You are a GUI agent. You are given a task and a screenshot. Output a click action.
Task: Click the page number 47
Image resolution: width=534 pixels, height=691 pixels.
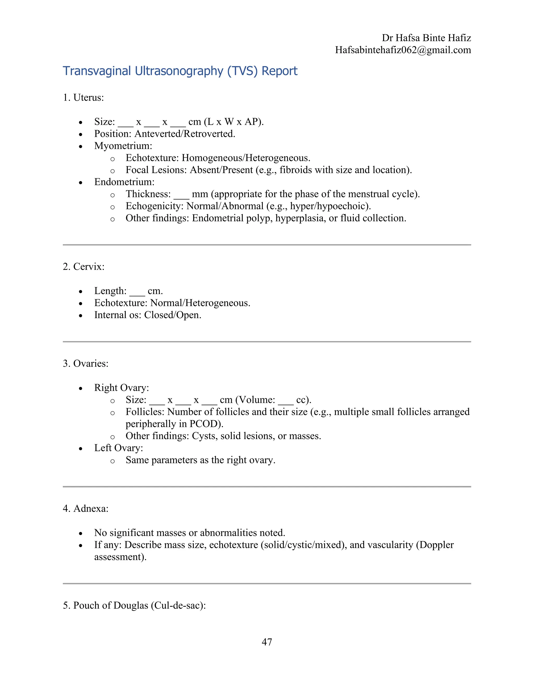267,642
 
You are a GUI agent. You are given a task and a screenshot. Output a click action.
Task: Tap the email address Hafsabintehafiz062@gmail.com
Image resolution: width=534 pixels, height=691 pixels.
403,50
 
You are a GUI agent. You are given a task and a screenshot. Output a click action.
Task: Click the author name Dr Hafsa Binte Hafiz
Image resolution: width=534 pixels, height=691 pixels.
426,38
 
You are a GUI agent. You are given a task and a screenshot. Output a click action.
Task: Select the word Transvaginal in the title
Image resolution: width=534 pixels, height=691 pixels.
97,71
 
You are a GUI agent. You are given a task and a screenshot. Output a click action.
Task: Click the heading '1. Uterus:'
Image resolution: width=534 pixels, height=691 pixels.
83,98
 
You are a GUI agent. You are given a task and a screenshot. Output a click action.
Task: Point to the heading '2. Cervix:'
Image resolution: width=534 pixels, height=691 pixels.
83,267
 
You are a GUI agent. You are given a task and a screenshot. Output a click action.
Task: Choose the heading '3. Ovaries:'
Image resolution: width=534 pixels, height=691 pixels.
86,363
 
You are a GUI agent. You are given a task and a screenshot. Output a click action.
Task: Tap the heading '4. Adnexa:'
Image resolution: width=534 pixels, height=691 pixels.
86,508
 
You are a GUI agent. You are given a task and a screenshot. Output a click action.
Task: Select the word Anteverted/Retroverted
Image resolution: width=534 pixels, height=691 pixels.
185,134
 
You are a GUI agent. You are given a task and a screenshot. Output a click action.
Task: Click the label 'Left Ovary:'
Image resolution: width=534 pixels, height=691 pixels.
119,448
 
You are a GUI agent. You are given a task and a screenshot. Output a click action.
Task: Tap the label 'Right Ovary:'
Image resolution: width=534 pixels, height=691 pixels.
122,388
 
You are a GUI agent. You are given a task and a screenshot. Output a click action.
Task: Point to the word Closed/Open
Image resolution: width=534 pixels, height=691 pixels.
173,315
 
